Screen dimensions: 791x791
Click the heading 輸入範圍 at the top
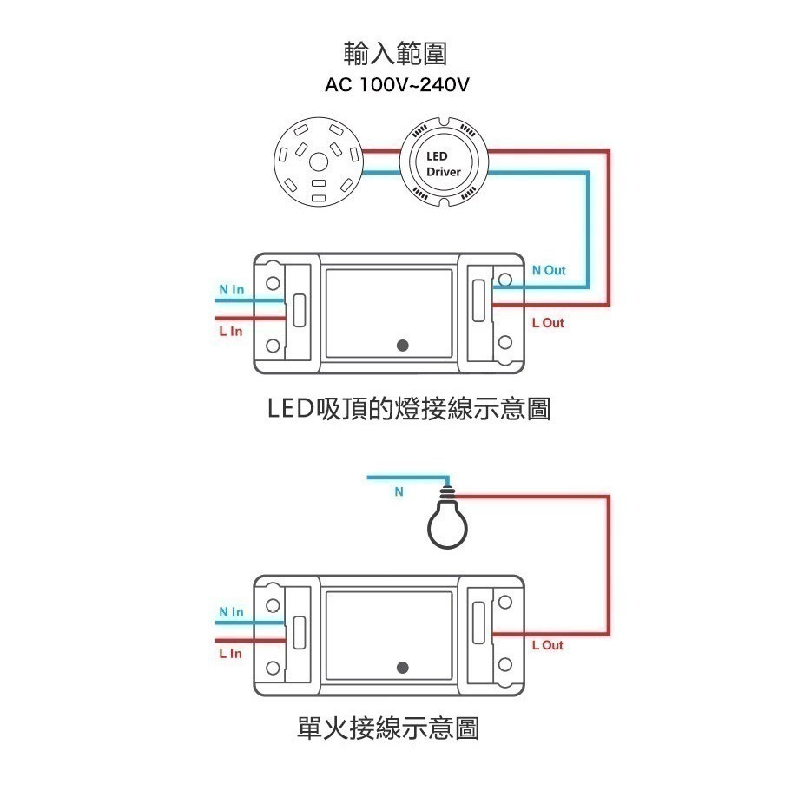[395, 54]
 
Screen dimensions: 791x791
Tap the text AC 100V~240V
[396, 86]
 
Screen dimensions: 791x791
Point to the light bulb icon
[447, 521]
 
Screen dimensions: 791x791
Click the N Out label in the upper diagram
[548, 270]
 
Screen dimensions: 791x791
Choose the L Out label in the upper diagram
[547, 322]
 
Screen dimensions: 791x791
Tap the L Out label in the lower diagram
[547, 645]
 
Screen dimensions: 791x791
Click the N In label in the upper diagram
[231, 289]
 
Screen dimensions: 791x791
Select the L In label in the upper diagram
[230, 331]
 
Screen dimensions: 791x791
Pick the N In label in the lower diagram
[231, 612]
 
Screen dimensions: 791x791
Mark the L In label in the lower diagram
[230, 653]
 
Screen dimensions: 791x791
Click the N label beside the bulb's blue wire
[399, 491]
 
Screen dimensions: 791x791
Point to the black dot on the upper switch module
[402, 346]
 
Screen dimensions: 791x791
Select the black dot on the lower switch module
[402, 667]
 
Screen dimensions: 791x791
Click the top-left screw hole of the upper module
[273, 284]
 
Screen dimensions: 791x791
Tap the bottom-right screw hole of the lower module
[505, 667]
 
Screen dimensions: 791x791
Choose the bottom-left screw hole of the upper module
[273, 346]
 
